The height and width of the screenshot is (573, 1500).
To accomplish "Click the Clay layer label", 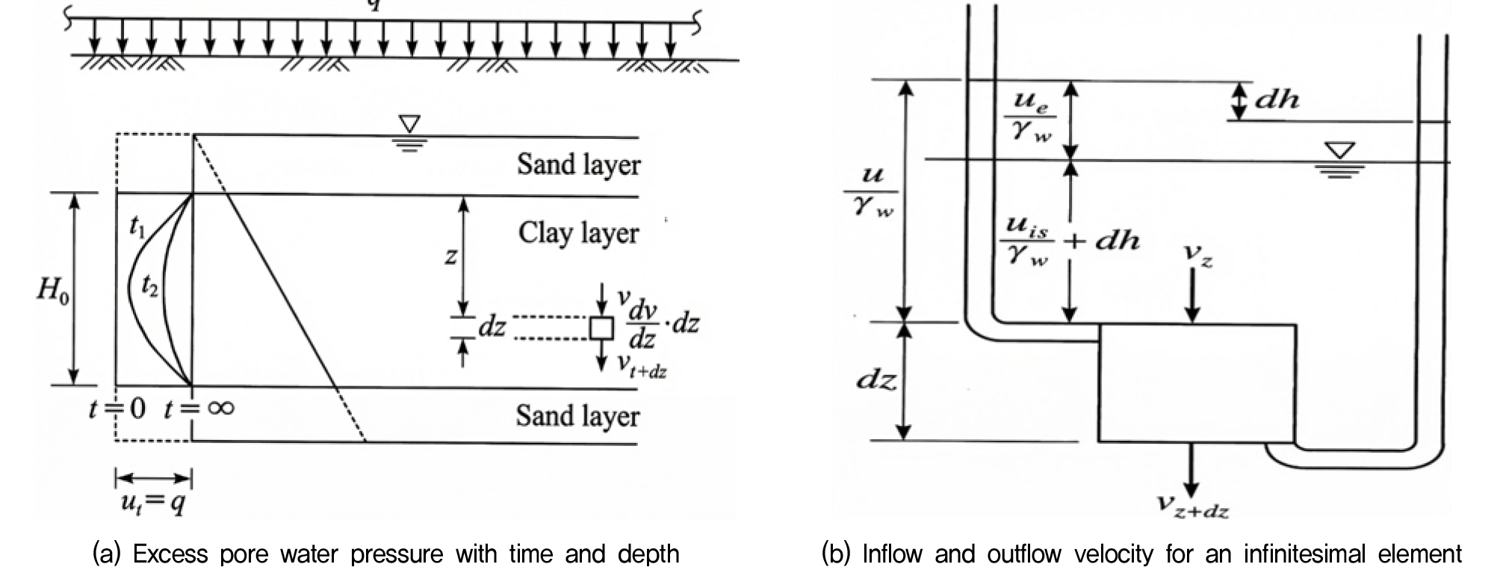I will [x=578, y=234].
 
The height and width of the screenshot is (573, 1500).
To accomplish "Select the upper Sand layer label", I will [x=578, y=165].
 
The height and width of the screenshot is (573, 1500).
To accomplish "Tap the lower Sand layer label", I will [x=577, y=416].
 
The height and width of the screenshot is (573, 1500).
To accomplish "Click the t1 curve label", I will [x=137, y=227].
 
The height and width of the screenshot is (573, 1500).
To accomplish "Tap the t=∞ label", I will [x=199, y=408].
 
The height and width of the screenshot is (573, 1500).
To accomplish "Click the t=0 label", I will [x=117, y=409].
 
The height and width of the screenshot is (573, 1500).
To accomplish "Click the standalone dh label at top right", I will [x=1277, y=100].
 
